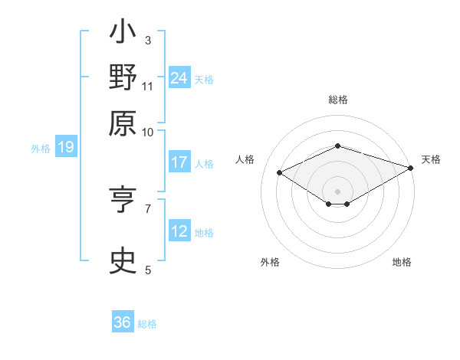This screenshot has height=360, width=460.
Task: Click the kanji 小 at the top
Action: click(123, 34)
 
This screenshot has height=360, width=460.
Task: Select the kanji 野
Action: click(123, 78)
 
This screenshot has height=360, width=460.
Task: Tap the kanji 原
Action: click(123, 123)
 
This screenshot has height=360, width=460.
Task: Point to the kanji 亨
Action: click(123, 201)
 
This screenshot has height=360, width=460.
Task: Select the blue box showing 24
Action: click(179, 77)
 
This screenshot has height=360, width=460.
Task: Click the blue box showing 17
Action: click(179, 162)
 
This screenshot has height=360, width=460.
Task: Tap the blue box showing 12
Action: click(179, 231)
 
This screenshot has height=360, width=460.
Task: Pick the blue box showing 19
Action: click(65, 147)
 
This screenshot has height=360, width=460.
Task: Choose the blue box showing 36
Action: click(123, 322)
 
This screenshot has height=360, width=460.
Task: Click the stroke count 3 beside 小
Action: click(148, 40)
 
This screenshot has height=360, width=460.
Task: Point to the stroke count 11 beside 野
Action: click(148, 85)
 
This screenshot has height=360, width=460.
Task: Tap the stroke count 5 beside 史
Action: click(148, 270)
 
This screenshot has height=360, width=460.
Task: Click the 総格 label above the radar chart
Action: click(337, 100)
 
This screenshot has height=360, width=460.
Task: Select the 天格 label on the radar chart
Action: click(431, 159)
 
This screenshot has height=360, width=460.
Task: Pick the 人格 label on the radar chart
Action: click(245, 159)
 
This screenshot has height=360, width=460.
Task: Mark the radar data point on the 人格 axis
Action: click(280, 173)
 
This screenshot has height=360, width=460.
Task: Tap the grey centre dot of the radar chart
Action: click(337, 190)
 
